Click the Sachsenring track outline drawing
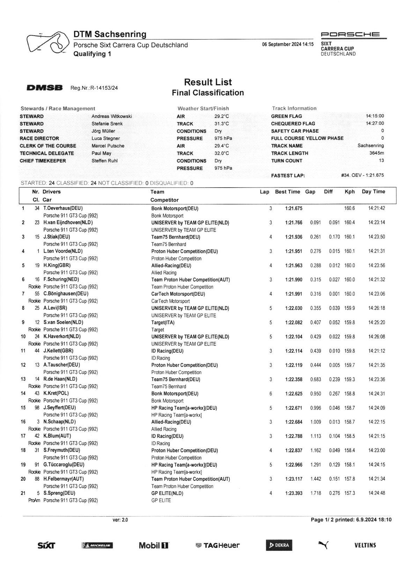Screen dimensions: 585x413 coord(47,43)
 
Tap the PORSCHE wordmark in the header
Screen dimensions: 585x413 coord(350,35)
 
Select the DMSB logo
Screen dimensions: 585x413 coord(44,88)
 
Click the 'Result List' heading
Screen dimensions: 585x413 coord(208,82)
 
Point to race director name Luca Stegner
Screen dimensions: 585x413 coord(106,138)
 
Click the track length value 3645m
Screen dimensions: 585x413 coord(376,153)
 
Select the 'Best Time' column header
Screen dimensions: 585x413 coord(287,192)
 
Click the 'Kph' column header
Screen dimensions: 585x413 coord(349,192)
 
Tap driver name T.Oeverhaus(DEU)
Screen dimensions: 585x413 coord(63,209)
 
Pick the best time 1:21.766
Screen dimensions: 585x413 coord(294,223)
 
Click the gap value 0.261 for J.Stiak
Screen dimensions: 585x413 coord(316,237)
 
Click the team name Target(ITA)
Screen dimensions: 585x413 coord(163,322)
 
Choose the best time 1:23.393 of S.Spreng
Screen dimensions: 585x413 coord(294,493)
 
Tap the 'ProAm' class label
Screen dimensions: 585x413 coord(34,500)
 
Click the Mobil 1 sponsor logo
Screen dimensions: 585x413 coord(154,545)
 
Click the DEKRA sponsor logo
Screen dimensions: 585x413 coord(279,545)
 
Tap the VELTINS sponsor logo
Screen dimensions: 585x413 coord(365,545)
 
